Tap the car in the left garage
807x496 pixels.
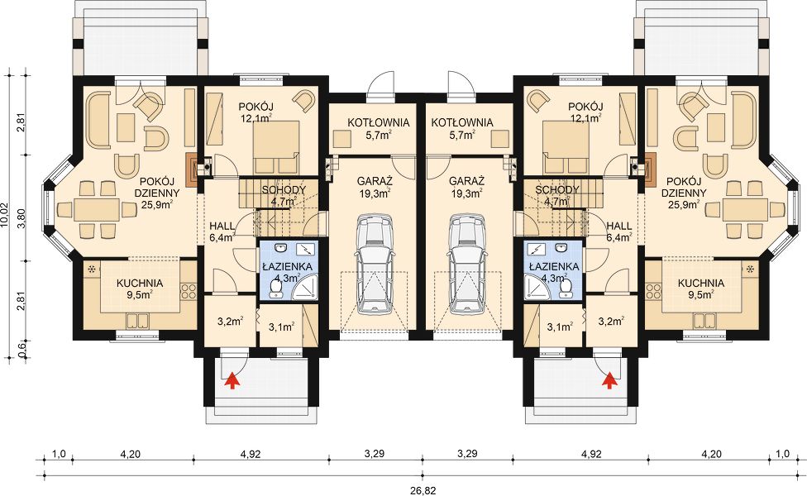point(375,265)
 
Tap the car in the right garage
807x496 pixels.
point(466,265)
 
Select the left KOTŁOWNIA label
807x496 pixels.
point(379,123)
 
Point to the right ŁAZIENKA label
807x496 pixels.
point(553,267)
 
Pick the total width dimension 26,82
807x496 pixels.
point(423,490)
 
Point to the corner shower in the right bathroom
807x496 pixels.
point(537,289)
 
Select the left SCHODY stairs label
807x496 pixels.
point(284,190)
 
